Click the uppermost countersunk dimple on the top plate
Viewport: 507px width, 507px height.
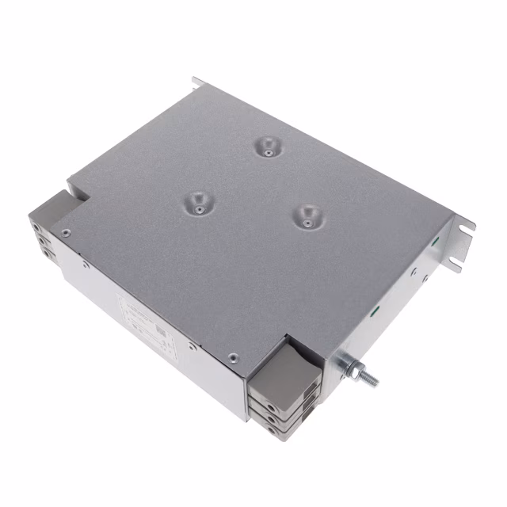click(267, 146)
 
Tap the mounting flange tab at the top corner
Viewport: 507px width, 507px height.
click(196, 83)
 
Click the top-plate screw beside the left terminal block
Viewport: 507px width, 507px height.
click(65, 232)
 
